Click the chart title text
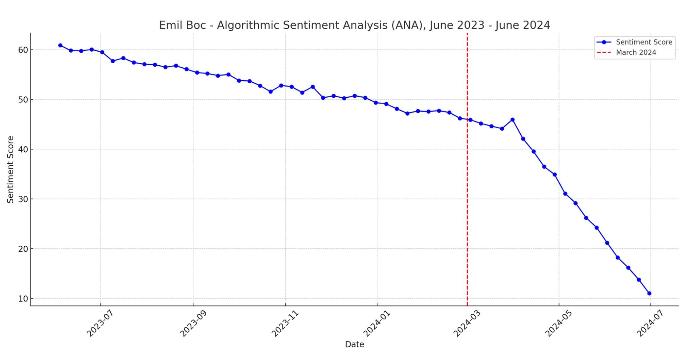click(x=354, y=25)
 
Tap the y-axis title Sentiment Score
click(x=10, y=169)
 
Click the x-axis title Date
click(x=354, y=344)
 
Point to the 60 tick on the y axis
click(x=23, y=50)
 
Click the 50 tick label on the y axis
click(x=23, y=100)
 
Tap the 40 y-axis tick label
click(x=23, y=149)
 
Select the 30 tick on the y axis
click(x=23, y=199)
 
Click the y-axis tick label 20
click(x=23, y=249)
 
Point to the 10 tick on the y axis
click(x=23, y=299)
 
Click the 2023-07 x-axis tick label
click(x=100, y=324)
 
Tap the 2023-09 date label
click(x=193, y=324)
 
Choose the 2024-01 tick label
click(x=376, y=324)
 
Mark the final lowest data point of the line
click(x=649, y=293)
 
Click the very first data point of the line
click(x=60, y=45)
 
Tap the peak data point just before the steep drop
click(x=512, y=120)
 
